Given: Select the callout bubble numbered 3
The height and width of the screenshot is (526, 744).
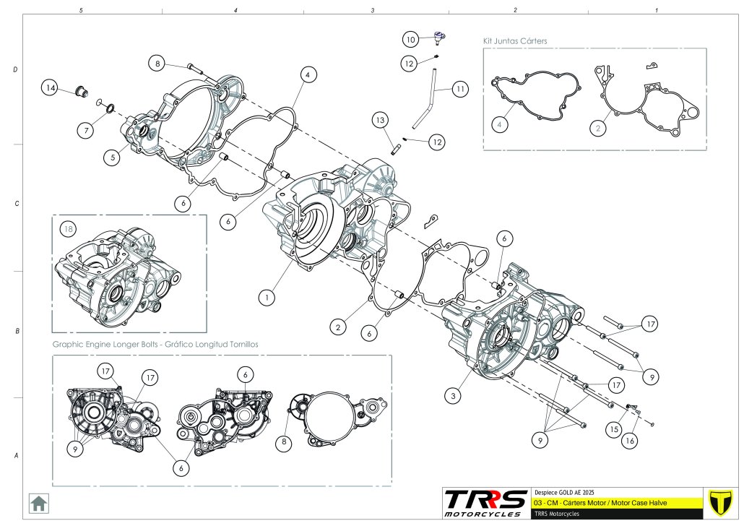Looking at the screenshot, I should [453, 395].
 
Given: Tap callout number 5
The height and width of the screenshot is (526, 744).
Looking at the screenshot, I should [111, 156].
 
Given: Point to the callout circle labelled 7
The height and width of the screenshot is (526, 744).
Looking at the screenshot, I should [86, 130].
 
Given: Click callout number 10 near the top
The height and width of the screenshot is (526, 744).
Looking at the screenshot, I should [410, 38].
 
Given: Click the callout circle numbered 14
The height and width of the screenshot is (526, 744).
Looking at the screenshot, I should [50, 88].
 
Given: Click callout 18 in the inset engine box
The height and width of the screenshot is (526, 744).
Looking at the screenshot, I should [69, 229].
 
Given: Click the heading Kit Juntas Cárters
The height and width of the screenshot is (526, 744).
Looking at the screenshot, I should [514, 41].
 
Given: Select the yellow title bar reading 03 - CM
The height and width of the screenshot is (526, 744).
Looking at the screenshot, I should [615, 502].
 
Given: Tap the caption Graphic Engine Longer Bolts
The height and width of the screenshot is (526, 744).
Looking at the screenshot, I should [155, 344].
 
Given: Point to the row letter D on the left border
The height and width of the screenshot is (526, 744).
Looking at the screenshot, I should [16, 69].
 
